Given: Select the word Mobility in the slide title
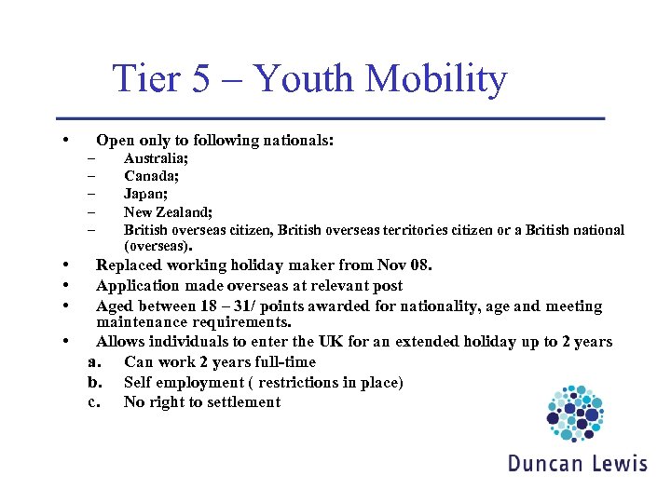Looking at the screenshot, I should pyautogui.click(x=436, y=80).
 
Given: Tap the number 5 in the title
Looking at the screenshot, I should pyautogui.click(x=201, y=79).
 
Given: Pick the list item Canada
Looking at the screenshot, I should pyautogui.click(x=152, y=175).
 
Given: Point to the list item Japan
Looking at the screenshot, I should pyautogui.click(x=146, y=194).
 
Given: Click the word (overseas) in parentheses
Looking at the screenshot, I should pyautogui.click(x=157, y=247).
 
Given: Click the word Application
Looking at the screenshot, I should pyautogui.click(x=142, y=286).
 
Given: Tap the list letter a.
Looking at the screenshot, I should pyautogui.click(x=94, y=362).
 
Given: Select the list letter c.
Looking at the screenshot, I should pyautogui.click(x=94, y=402).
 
